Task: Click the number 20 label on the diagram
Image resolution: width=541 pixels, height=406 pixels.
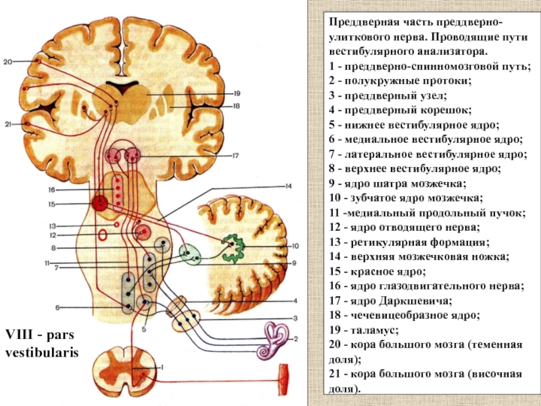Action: [7, 62]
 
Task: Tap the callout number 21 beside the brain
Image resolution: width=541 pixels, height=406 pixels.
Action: [7, 124]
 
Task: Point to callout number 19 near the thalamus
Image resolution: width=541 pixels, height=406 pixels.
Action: [237, 93]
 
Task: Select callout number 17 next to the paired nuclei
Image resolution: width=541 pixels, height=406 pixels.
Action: [236, 155]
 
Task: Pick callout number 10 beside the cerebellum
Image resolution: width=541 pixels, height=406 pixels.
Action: [295, 246]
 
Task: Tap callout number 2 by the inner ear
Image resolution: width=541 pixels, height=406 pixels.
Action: [295, 338]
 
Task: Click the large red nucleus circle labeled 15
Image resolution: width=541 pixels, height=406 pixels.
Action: [101, 202]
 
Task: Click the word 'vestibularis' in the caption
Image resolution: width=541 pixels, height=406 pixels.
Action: [42, 354]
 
